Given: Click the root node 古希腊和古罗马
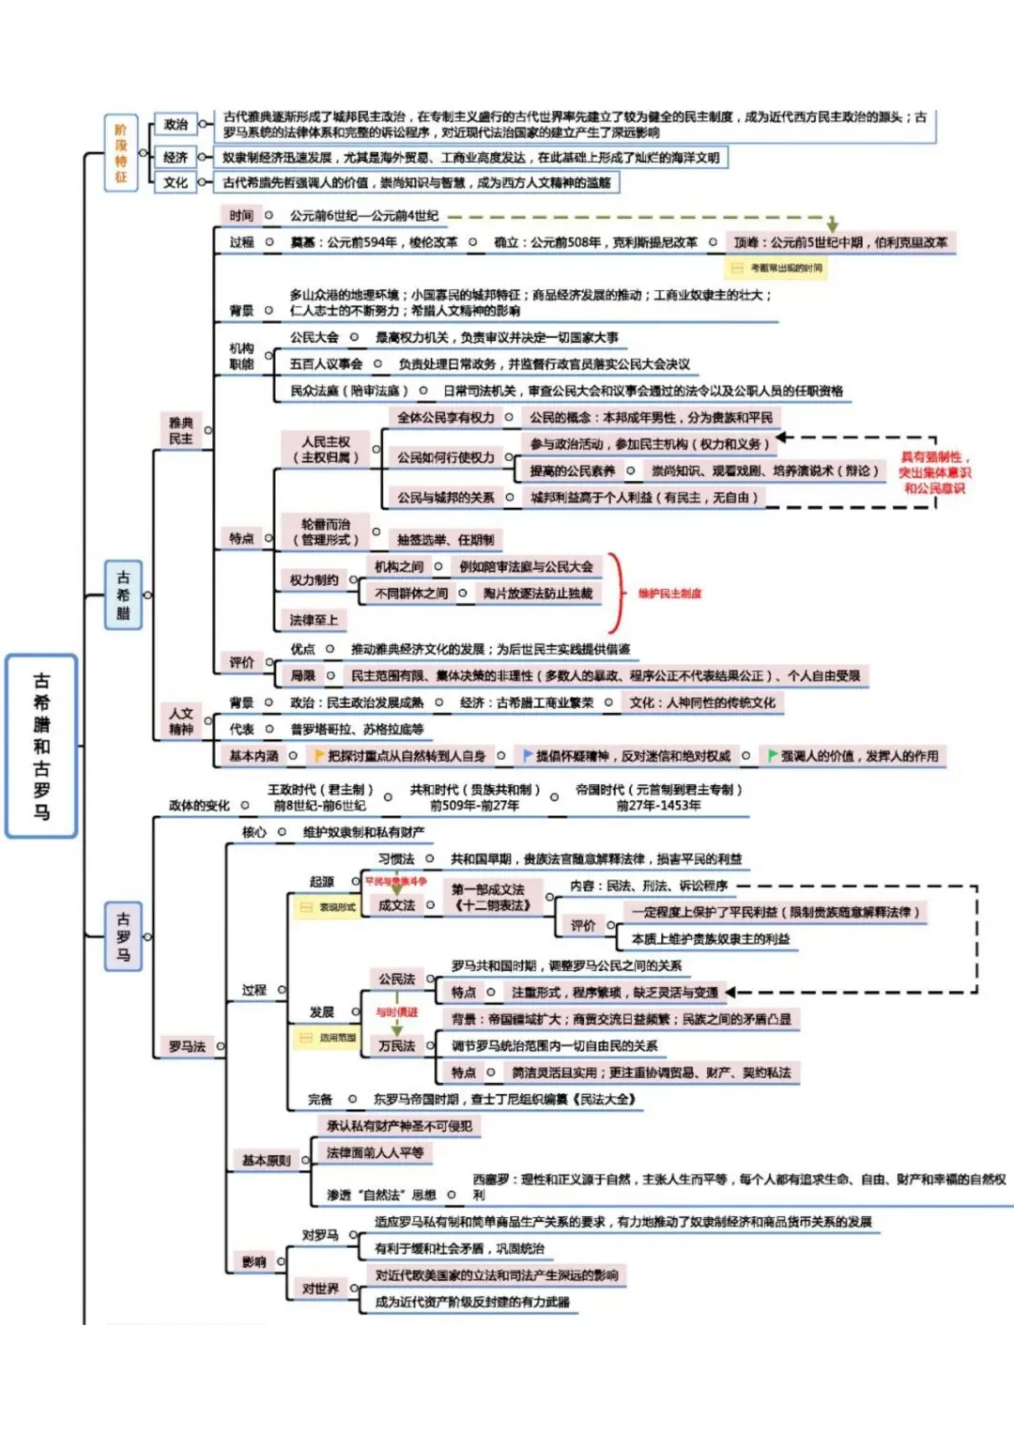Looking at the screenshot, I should tap(41, 746).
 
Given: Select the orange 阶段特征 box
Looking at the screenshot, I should tap(121, 152).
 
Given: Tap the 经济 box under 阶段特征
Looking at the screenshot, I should tap(176, 157).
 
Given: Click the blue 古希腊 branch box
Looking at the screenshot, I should tap(123, 594).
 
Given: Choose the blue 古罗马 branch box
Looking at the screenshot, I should tap(123, 936).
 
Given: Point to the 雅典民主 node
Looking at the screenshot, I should tap(181, 431).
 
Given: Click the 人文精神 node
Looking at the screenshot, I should tap(181, 721).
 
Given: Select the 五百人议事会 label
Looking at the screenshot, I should tap(326, 363).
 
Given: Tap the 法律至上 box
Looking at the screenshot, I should tap(314, 620).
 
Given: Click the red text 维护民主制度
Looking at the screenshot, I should tap(669, 594).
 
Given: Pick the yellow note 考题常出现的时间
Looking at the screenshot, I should tap(777, 269).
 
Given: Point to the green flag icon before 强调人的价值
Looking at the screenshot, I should tap(773, 755).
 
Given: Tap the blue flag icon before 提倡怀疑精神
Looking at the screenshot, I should tap(528, 755).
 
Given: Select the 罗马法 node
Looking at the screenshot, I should tap(187, 1046).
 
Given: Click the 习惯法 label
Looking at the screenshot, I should tap(396, 858).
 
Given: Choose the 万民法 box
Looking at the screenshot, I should tap(396, 1045).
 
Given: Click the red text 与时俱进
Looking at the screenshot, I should tap(396, 1012).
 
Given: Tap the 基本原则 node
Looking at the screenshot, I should tap(267, 1161).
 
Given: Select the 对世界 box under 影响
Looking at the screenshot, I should tap(320, 1288).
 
